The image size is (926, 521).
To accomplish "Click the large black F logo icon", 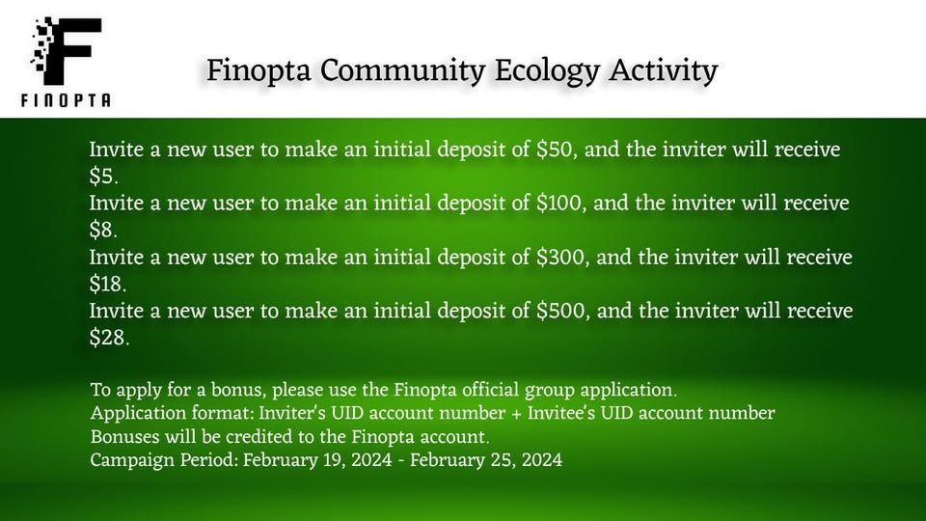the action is tap(67, 50).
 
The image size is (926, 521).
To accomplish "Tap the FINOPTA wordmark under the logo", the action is tap(66, 100).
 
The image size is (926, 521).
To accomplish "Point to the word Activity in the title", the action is tap(664, 71).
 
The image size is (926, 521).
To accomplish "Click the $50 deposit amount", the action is tap(555, 150).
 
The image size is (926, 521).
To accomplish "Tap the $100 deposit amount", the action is tap(559, 204).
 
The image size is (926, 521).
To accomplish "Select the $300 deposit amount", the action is tap(561, 258).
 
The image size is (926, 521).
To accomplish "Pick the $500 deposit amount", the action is tap(561, 312).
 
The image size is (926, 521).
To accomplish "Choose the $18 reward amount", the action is tap(107, 284).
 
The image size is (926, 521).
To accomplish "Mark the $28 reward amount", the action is tap(108, 338).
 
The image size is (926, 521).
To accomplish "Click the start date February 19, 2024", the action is tap(317, 460).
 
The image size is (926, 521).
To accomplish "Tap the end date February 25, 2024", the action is tap(486, 460).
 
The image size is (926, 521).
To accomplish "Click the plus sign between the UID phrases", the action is tap(516, 414).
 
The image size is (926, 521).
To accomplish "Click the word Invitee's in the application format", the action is tap(561, 413).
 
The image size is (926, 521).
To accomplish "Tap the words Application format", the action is tap(172, 414).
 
